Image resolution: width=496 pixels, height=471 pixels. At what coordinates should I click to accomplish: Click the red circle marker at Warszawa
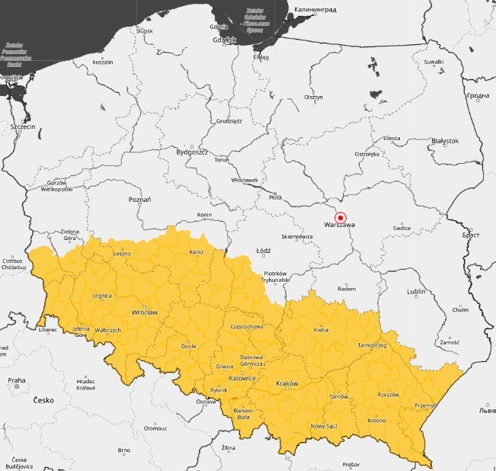(341, 217)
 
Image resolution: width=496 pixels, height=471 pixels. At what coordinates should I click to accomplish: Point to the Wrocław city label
(144, 312)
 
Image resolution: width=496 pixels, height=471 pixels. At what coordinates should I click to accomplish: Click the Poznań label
(140, 199)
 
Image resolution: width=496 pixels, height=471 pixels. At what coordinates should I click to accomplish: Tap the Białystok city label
(444, 141)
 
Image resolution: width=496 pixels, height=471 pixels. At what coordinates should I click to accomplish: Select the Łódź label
(264, 250)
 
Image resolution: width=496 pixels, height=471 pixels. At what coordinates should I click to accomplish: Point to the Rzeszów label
(389, 395)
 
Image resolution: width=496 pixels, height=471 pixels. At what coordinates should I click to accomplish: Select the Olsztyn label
(313, 98)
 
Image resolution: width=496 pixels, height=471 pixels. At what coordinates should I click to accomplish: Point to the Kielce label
(322, 330)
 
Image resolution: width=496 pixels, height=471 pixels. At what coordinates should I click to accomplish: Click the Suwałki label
(434, 61)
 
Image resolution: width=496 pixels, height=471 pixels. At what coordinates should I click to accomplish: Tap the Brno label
(124, 450)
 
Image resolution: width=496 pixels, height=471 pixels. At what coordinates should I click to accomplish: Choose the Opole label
(188, 346)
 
